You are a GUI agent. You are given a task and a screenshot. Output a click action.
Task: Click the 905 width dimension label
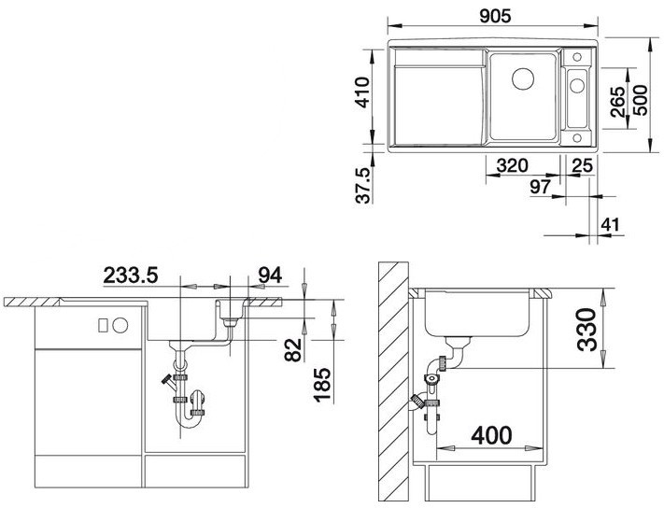[496, 16]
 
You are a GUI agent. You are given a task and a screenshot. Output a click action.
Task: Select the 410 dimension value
[362, 92]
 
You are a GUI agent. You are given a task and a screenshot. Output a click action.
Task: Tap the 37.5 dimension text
[363, 186]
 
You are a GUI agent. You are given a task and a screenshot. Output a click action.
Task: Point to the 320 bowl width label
[513, 165]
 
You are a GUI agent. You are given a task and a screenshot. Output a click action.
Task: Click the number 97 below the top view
[541, 187]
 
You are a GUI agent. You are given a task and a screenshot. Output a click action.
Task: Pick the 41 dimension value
[611, 225]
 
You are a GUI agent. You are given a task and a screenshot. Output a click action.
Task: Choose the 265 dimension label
[618, 102]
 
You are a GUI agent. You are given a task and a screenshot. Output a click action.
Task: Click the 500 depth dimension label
[640, 100]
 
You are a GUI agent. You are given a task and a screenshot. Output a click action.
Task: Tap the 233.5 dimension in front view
[131, 275]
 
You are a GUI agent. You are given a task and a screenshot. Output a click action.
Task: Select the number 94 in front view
[270, 275]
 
